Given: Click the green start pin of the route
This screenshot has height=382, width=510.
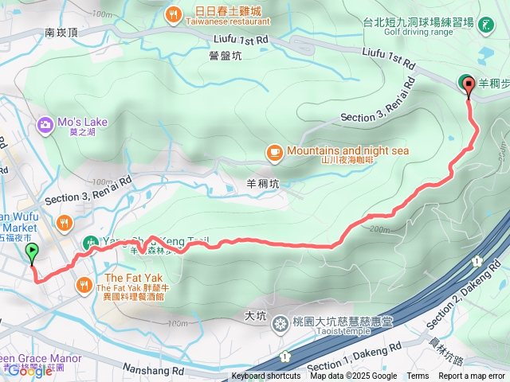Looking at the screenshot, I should point(32,253).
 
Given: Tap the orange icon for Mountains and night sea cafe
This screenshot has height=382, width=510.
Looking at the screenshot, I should point(274,150).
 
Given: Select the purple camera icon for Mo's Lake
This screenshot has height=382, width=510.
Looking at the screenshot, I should point(44,123).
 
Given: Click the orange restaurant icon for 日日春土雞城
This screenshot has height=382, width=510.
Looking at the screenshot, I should point(173,14).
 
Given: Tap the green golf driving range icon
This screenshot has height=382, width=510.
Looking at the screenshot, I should point(487,25).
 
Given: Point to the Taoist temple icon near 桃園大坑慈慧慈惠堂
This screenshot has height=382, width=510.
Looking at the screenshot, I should point(280,323).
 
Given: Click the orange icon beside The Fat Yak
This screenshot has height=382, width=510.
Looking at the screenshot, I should point(84,284).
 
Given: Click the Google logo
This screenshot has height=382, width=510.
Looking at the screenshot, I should point(29,371).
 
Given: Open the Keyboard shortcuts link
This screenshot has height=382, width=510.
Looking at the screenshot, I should point(266,376).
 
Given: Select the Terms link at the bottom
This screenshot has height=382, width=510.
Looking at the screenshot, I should point(418,376).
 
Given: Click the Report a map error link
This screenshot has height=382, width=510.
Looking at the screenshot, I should point(472,376).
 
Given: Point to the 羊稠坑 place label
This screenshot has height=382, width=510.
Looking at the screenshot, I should point(263,184).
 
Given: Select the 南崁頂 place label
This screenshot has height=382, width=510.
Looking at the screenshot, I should point(61,33).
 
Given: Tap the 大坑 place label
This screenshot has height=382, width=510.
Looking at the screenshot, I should point(256,316).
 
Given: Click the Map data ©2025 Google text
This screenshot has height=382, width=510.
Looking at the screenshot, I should point(353,376).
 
